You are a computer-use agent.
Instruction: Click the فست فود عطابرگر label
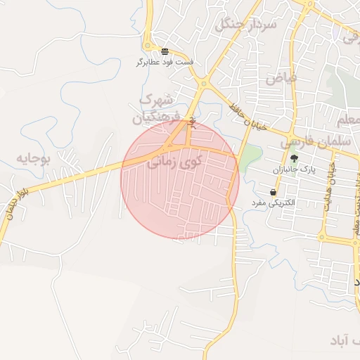(x=165, y=62)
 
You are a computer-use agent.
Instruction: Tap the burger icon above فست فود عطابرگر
(x=165, y=51)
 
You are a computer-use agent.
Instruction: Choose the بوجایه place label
(x=34, y=157)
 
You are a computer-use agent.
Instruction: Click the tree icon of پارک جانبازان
(x=293, y=158)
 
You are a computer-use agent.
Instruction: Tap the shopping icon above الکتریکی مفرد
(x=273, y=192)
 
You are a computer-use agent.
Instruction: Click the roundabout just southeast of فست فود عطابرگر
(x=202, y=84)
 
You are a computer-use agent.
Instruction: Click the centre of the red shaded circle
(x=180, y=179)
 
